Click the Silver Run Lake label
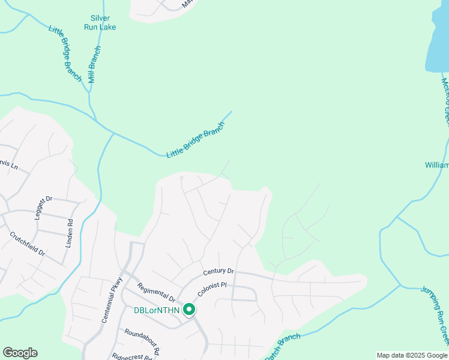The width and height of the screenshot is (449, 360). pos(100,23)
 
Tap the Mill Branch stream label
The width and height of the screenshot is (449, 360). pos(94,65)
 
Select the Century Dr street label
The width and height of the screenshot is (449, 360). pos(217,272)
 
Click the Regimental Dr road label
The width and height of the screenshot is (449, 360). pos(155,292)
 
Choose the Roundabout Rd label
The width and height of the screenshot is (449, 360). pos(142,340)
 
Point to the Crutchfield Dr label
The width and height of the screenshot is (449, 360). pos(28,244)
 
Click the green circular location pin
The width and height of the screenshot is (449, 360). pos(189,310)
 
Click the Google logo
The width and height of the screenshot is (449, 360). pos(20,353)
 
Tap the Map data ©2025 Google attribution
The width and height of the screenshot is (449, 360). pos(412,355)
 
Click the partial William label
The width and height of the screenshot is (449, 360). pos(436,164)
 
